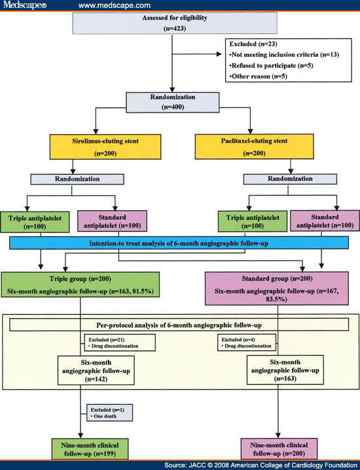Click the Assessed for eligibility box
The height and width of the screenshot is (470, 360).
(x=175, y=23)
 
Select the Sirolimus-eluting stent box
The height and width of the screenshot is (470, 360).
(x=105, y=147)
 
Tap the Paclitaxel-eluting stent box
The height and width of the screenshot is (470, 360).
(x=254, y=146)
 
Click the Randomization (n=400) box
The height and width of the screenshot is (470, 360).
(x=173, y=103)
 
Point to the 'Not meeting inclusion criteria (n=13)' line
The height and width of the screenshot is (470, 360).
(x=284, y=54)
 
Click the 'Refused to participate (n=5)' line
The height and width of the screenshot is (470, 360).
(x=271, y=65)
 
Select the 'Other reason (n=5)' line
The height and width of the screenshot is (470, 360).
(x=259, y=76)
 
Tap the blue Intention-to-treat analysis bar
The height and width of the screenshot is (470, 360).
(x=179, y=243)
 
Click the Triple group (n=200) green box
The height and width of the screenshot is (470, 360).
(x=81, y=285)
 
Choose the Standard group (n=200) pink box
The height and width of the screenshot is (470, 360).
(x=277, y=289)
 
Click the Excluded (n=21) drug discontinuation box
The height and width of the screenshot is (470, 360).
(x=120, y=342)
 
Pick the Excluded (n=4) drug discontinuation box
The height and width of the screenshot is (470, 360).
(x=246, y=342)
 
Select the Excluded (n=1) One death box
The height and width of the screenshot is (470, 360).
(x=110, y=413)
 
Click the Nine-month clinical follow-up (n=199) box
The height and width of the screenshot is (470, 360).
(x=90, y=449)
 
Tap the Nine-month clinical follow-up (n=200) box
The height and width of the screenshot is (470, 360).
(x=279, y=448)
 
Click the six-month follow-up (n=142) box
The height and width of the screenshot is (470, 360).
(x=96, y=371)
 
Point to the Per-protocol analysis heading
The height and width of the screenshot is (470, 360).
(x=179, y=325)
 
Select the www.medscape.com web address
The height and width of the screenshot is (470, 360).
(x=114, y=5)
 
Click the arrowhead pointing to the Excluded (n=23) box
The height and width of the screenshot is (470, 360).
(x=219, y=54)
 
